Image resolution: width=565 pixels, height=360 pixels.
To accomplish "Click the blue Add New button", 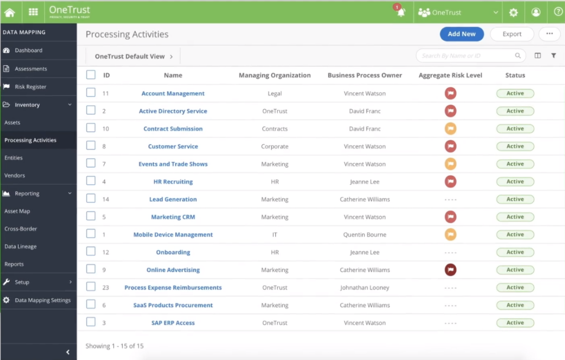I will point(461,34).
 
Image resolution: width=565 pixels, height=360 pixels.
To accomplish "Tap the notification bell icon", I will point(401,13).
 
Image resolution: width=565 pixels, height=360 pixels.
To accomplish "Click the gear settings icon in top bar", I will point(514,13).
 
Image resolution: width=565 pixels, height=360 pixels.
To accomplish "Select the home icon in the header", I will point(9,12).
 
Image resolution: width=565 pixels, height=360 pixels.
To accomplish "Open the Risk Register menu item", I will point(30,87).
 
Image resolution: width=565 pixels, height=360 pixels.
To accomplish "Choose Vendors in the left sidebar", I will point(15,175).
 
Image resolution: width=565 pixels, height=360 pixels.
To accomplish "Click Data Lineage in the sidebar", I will point(20,246).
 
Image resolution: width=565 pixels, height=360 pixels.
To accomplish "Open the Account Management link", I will point(173,94).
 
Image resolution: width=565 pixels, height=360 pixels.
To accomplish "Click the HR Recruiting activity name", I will point(173,182).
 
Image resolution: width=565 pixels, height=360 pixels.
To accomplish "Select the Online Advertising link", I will point(173,270).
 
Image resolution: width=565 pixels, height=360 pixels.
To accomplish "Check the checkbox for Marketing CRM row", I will point(91,217).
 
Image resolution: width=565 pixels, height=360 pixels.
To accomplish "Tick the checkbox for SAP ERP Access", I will point(91,323).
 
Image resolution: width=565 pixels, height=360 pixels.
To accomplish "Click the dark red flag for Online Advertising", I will point(450,270).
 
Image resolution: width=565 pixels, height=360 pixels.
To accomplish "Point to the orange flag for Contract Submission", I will point(450,129).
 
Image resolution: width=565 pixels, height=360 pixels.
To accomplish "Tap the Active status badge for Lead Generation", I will point(515,200).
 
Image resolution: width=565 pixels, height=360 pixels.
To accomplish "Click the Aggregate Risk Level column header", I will point(450,76).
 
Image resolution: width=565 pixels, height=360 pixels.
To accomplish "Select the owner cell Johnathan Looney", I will point(365,288).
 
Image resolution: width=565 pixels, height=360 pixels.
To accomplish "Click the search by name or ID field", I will point(466,56).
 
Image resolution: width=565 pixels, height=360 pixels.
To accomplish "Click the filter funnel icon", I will point(553,56).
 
